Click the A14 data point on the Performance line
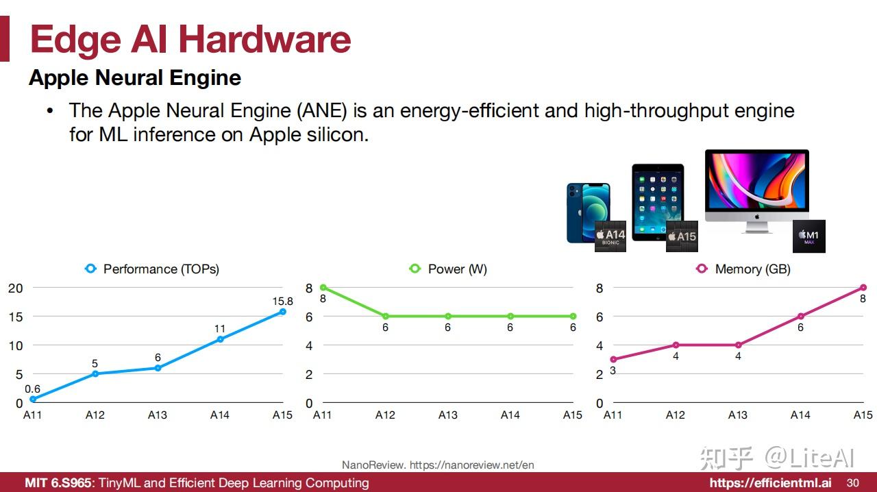tap(220, 339)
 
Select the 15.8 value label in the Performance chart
tap(282, 301)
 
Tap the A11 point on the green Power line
tap(323, 288)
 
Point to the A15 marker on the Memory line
tap(863, 288)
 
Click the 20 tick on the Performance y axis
tap(15, 288)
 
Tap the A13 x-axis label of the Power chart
tap(448, 415)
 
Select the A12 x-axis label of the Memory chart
tap(676, 415)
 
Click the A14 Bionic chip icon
tap(610, 236)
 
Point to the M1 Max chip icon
tap(808, 236)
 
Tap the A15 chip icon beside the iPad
tap(682, 236)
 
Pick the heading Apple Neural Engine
tap(135, 78)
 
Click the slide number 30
tap(853, 482)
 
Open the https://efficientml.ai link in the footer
tap(771, 482)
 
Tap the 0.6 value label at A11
tap(32, 389)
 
